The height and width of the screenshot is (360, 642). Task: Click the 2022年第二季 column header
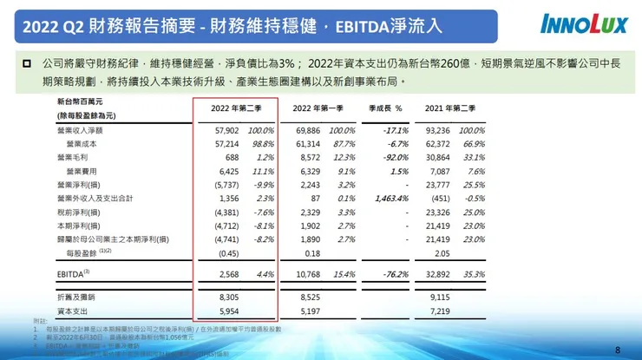235,108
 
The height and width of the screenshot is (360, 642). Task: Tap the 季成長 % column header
385,108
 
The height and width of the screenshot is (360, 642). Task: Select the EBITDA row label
72,273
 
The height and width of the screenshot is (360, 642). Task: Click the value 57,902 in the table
225,129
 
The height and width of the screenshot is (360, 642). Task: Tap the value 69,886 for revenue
309,129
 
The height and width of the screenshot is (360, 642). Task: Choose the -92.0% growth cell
394,159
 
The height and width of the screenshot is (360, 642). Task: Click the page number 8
617,350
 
